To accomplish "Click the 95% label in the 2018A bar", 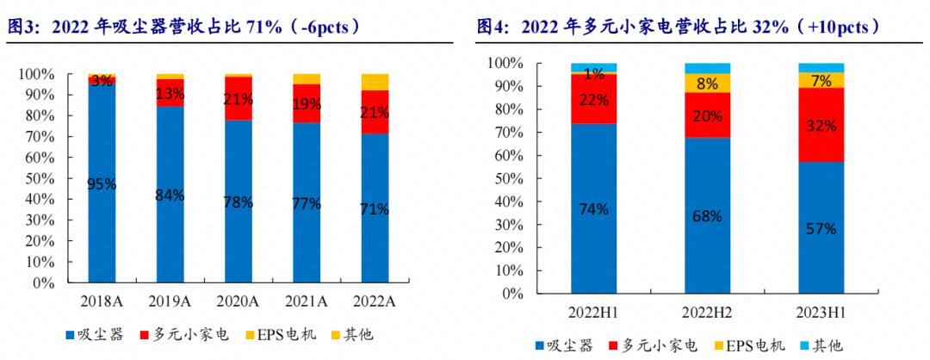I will point(102,183).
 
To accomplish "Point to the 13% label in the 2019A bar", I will point(170,93).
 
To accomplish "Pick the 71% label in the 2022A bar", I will point(374,208).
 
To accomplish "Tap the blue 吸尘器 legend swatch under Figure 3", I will point(70,334).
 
